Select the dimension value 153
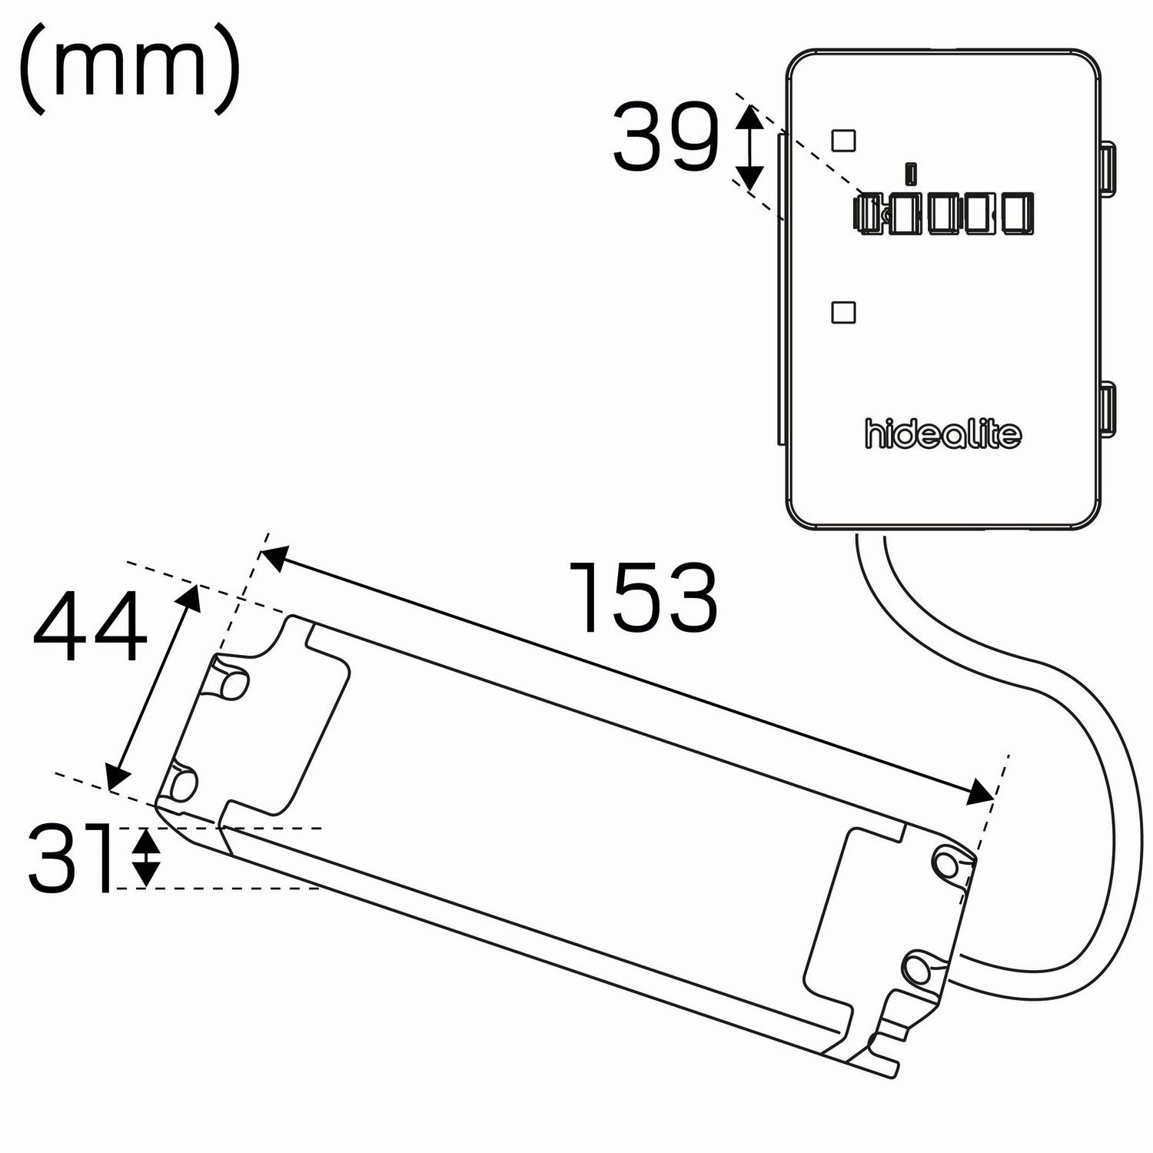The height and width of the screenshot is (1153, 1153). click(x=643, y=597)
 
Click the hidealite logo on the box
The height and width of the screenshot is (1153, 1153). click(x=943, y=434)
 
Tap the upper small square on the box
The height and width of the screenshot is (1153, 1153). click(x=844, y=140)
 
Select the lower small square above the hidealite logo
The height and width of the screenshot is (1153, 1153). click(x=844, y=312)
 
